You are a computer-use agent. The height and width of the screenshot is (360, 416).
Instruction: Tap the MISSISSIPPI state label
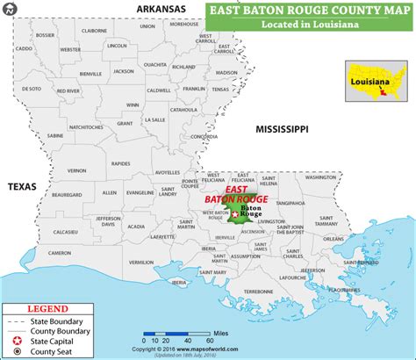tap(281, 129)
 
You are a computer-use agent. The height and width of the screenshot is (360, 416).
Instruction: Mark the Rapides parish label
tap(120, 162)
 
